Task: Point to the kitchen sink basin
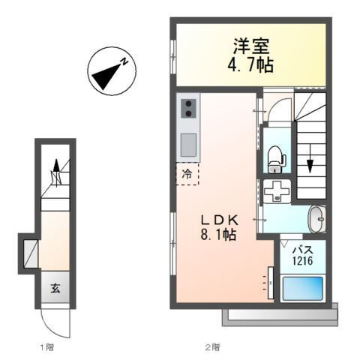[x=188, y=142]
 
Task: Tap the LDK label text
[x=218, y=220]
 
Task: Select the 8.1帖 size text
[x=218, y=235]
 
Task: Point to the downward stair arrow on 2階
[x=310, y=161]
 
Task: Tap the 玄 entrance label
[x=55, y=288]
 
